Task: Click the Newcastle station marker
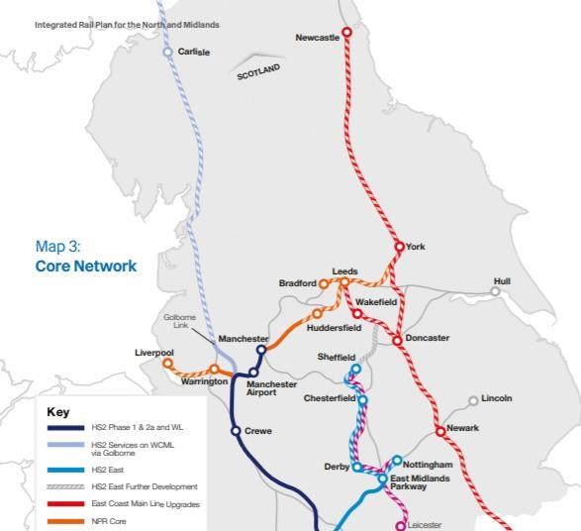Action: click(x=346, y=32)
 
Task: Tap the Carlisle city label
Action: click(x=194, y=52)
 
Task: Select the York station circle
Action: click(x=400, y=247)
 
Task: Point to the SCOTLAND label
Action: click(x=258, y=72)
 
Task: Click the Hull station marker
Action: click(x=496, y=291)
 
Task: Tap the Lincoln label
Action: click(x=497, y=398)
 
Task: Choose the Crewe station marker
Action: click(x=236, y=431)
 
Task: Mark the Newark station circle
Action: click(x=440, y=431)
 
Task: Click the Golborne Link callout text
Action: click(x=181, y=321)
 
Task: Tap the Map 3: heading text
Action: click(x=57, y=247)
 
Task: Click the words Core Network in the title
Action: click(x=86, y=266)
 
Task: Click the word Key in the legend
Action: click(x=57, y=411)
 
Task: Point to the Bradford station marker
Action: click(x=324, y=284)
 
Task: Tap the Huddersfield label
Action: click(x=334, y=328)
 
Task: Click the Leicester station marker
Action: click(x=401, y=525)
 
